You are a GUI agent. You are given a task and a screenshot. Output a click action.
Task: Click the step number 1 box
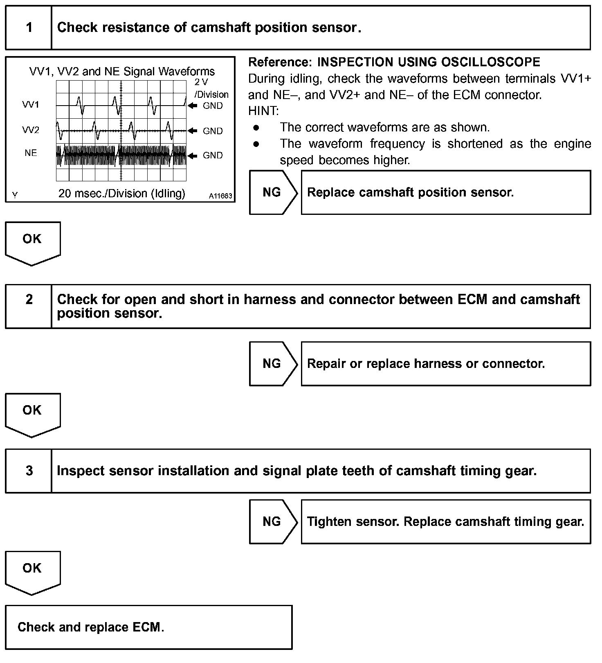tap(29, 28)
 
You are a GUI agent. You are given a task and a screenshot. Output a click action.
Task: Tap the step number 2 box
tap(29, 306)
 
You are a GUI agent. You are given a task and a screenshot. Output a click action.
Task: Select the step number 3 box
tap(29, 471)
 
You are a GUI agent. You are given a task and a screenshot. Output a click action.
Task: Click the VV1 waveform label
tap(31, 105)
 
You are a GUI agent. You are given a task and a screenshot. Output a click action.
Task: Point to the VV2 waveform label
tap(31, 131)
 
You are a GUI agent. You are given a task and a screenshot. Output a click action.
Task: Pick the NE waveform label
tap(31, 153)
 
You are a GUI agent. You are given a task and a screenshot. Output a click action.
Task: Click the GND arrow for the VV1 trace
tap(193, 106)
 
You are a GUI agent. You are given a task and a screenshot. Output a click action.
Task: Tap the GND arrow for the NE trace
tap(193, 156)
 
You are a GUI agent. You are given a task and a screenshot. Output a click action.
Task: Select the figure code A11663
tap(220, 196)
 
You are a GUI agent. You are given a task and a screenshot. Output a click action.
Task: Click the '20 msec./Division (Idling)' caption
tap(121, 194)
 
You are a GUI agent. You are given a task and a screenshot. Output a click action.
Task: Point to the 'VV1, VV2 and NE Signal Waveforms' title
tap(122, 72)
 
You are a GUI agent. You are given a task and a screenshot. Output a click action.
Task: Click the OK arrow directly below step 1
tap(32, 241)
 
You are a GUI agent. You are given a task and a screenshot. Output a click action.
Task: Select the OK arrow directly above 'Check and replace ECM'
tap(32, 571)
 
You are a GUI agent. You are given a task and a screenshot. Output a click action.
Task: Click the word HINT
tap(263, 111)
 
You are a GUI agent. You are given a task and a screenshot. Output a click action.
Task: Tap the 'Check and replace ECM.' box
tap(149, 627)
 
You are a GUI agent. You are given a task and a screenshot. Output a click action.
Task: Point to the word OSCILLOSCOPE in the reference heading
tap(491, 62)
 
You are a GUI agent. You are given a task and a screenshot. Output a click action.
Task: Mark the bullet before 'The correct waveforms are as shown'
tap(256, 128)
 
